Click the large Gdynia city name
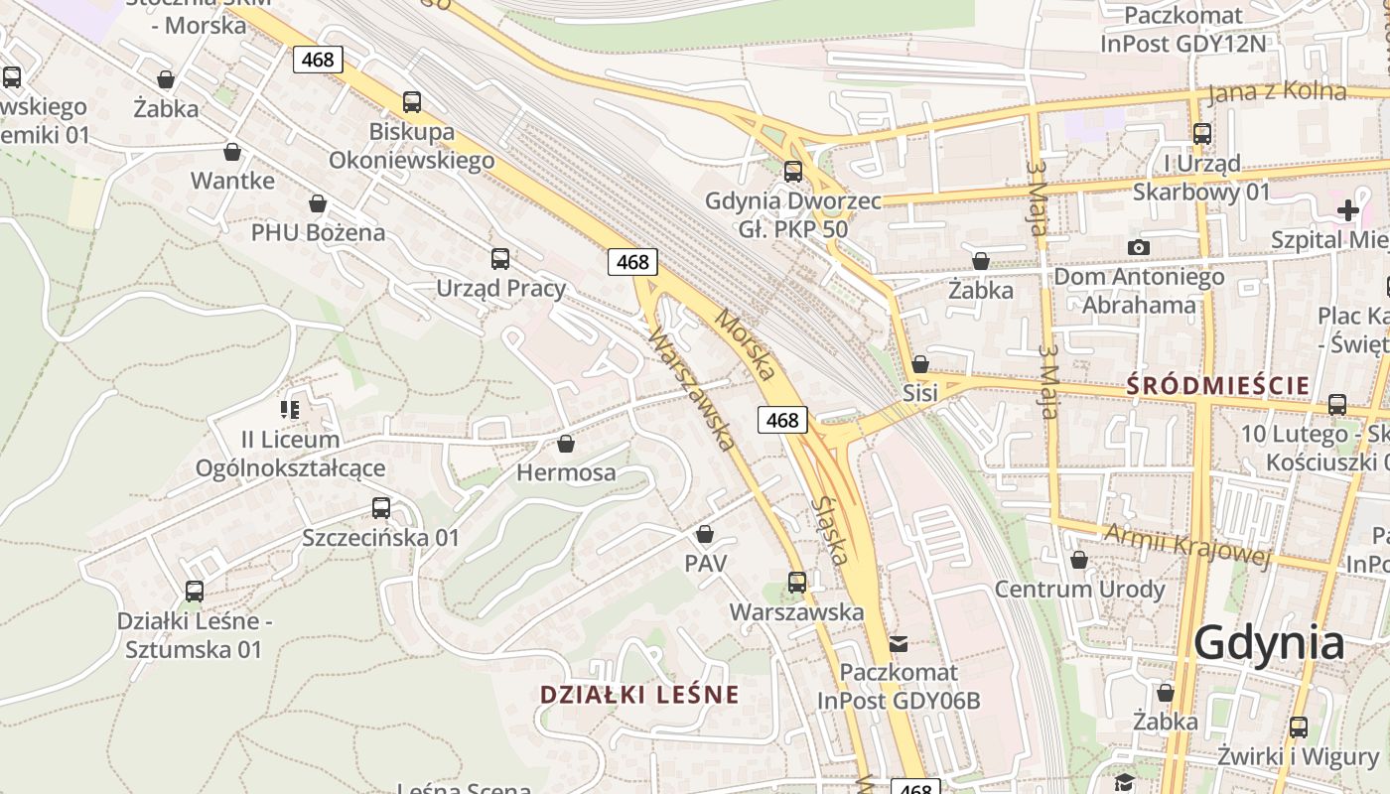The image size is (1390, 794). (x=1269, y=643)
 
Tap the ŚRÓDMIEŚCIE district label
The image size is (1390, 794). (x=1217, y=386)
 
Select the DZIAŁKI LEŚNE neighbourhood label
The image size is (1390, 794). (x=639, y=694)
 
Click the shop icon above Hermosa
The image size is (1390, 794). (x=566, y=444)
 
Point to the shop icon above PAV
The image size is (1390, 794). (x=705, y=535)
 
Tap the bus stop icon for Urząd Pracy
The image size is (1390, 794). (x=500, y=259)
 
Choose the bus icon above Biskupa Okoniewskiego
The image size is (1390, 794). (x=412, y=101)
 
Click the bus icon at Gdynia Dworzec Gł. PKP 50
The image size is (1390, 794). (x=793, y=171)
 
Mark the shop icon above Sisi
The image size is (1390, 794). (x=920, y=364)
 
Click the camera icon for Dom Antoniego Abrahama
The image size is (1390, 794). (x=1138, y=247)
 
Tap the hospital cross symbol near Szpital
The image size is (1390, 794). (x=1347, y=210)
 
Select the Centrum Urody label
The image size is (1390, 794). (x=1079, y=589)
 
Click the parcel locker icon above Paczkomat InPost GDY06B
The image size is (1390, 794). (x=899, y=644)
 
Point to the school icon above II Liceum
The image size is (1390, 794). (x=290, y=409)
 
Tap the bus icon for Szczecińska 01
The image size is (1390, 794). (x=381, y=508)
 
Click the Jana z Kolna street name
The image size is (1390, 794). (x=1277, y=93)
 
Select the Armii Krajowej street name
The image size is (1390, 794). (x=1187, y=545)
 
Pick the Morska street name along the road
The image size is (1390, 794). (x=745, y=345)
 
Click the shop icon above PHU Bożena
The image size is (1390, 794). (x=318, y=203)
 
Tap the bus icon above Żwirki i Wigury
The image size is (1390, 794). (x=1299, y=727)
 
